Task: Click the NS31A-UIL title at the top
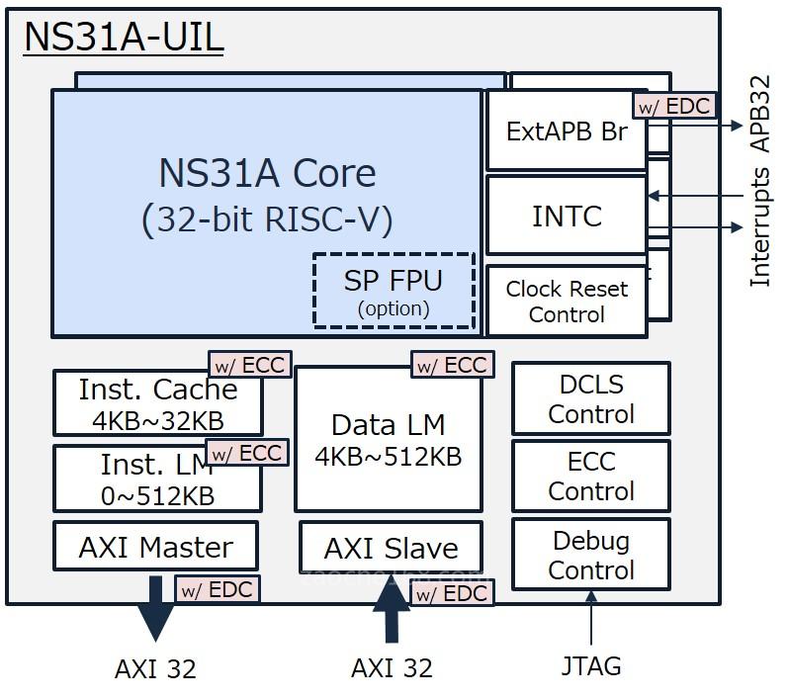pos(124,38)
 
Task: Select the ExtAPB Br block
pos(566,132)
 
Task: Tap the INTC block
pos(567,216)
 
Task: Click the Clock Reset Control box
pos(567,303)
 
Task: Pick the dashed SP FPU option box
pos(394,291)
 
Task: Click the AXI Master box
pos(155,547)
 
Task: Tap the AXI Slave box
pos(392,549)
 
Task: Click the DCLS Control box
pos(590,399)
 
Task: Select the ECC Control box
pos(590,477)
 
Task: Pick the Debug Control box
pos(590,556)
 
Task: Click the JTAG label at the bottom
pos(592,666)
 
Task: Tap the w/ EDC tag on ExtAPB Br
pos(672,106)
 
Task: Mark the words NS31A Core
pos(267,174)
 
